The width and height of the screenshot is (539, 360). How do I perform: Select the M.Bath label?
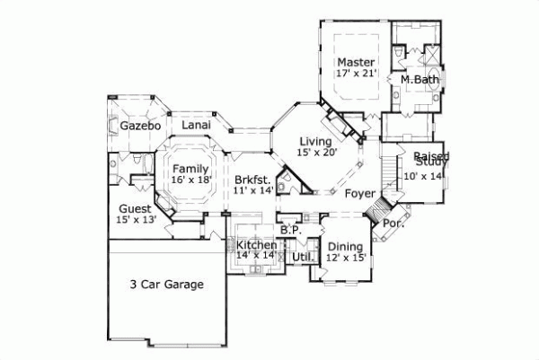pyautogui.click(x=420, y=80)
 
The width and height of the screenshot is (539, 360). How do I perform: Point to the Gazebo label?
pyautogui.click(x=140, y=127)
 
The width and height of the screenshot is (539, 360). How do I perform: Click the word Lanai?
pyautogui.click(x=197, y=126)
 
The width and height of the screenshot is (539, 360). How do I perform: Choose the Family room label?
pyautogui.click(x=191, y=169)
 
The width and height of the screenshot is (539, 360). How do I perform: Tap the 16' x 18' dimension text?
pyautogui.click(x=191, y=180)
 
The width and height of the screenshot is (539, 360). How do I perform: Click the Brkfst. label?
pyautogui.click(x=252, y=180)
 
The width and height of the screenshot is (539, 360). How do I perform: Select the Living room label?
pyautogui.click(x=315, y=142)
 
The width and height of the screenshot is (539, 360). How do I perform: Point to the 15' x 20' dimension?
pyautogui.click(x=315, y=154)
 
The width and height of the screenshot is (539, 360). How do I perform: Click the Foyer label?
pyautogui.click(x=359, y=193)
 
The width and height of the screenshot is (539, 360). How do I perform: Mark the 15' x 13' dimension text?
pyautogui.click(x=137, y=219)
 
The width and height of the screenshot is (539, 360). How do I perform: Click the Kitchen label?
pyautogui.click(x=256, y=245)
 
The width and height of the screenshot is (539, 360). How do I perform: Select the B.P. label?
pyautogui.click(x=289, y=230)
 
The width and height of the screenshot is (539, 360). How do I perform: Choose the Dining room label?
pyautogui.click(x=345, y=247)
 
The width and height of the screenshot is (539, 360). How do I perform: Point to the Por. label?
pyautogui.click(x=393, y=223)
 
